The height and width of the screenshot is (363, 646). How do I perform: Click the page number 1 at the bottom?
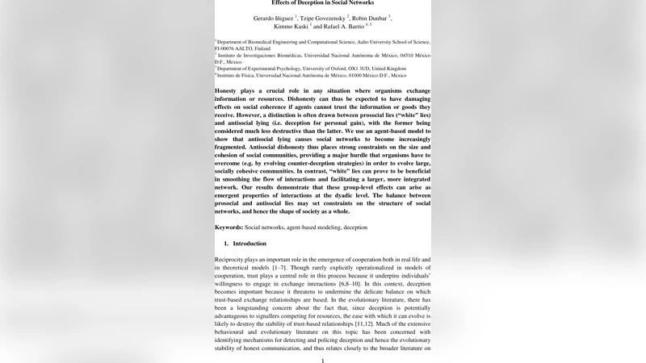tap(322, 360)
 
